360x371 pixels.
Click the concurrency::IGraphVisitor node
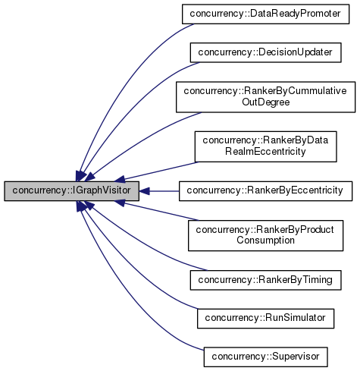(71, 191)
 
